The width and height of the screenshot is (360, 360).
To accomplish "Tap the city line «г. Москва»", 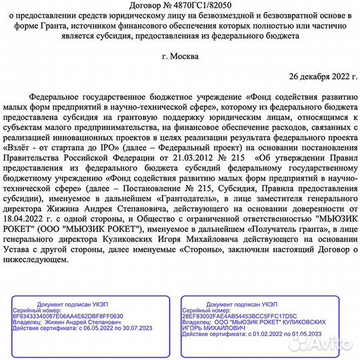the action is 179,56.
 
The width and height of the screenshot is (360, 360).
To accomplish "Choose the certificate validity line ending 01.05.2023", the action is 246,334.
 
